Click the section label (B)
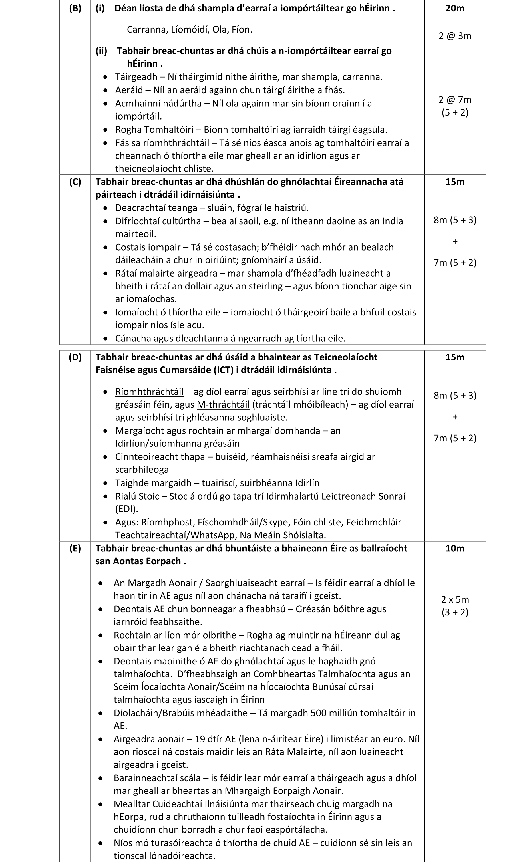75,8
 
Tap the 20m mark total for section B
455,8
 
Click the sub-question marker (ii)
101,51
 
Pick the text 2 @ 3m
455,36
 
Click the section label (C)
75,182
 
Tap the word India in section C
393,221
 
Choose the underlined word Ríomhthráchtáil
149,392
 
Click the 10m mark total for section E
455,548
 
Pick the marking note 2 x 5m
455,599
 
